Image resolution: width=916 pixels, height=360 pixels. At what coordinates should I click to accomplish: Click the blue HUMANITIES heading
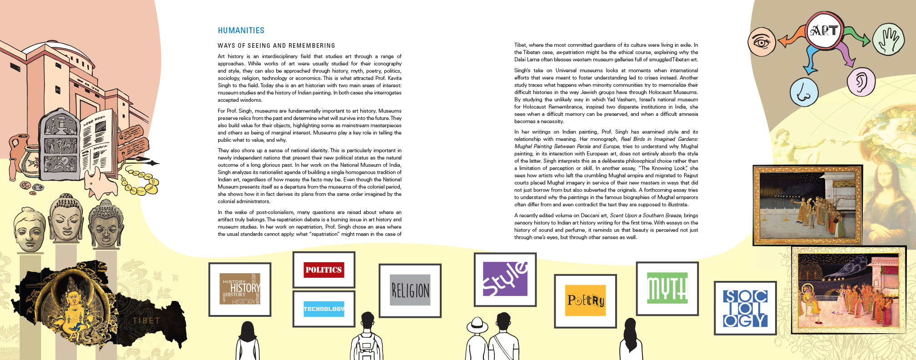[241, 30]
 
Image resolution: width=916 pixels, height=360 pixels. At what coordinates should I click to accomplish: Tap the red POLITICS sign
[324, 270]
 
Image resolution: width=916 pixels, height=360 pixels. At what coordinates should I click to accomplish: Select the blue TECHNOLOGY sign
[324, 309]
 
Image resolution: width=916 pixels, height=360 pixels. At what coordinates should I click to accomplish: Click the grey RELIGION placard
[410, 290]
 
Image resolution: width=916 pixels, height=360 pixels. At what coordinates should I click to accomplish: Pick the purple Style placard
[505, 279]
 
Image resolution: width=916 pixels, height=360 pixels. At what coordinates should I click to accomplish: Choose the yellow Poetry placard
[585, 300]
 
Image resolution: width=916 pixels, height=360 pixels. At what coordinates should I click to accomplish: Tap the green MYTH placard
[667, 288]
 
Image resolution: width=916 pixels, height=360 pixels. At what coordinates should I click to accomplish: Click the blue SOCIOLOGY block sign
[745, 308]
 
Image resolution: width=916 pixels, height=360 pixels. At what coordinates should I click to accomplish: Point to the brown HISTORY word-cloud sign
[240, 289]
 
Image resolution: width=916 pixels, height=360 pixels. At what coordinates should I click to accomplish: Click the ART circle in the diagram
[824, 30]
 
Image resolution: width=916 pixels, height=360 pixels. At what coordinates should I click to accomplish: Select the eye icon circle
[762, 42]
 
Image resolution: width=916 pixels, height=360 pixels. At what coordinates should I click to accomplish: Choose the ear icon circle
[861, 82]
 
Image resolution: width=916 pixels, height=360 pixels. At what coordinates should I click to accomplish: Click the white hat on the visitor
[477, 325]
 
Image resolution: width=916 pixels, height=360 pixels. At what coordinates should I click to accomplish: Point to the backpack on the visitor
[366, 347]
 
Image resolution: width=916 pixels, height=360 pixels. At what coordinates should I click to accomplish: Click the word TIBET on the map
[146, 320]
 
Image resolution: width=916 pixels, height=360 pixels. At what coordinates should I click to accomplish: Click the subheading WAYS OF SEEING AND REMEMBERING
[276, 45]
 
